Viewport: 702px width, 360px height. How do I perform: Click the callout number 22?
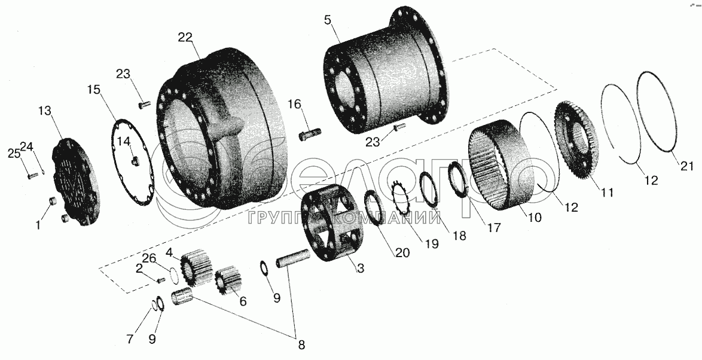tap(185, 38)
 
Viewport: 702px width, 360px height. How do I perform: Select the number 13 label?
tap(45, 111)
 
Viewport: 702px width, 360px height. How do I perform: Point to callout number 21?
tap(687, 165)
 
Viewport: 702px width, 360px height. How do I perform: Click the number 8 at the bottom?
tap(301, 345)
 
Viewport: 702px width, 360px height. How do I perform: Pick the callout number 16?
tap(295, 105)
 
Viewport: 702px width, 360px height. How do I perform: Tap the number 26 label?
tap(149, 258)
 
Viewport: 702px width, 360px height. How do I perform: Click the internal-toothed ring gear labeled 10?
tap(501, 166)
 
